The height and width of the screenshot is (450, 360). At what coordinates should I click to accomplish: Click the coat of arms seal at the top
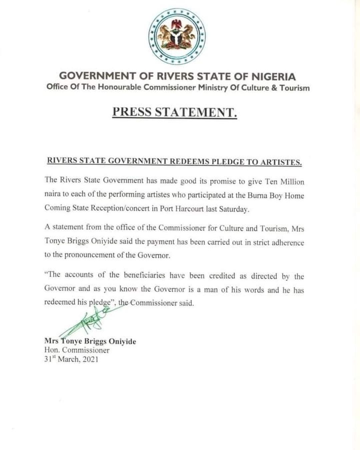177,37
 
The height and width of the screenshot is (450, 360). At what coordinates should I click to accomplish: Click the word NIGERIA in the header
273,77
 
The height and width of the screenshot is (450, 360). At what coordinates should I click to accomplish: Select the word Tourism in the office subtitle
295,88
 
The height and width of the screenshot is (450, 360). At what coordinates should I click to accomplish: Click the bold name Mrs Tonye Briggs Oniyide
90,341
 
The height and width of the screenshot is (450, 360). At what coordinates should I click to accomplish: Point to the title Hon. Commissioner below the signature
77,350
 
